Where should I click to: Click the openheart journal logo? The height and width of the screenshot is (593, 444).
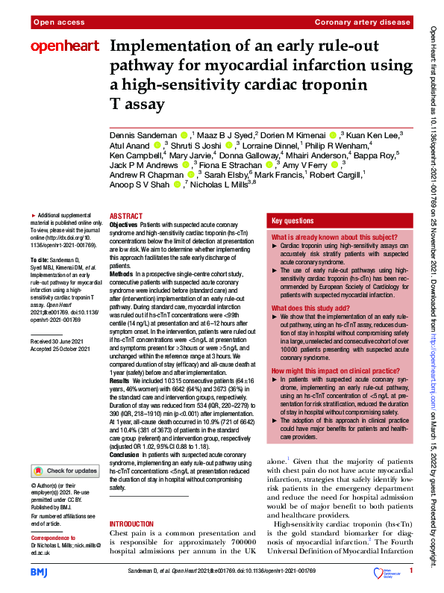[x=65, y=46]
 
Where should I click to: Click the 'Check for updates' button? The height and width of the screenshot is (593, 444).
[x=65, y=471]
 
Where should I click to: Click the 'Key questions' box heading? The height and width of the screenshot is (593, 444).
[x=293, y=221]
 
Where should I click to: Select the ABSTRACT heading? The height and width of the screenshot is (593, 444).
[x=125, y=214]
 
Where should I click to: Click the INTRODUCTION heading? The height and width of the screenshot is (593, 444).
[x=133, y=524]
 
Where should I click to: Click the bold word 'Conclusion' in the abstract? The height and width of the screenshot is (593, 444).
[x=124, y=453]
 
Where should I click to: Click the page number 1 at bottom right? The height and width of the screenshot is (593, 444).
[x=410, y=571]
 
